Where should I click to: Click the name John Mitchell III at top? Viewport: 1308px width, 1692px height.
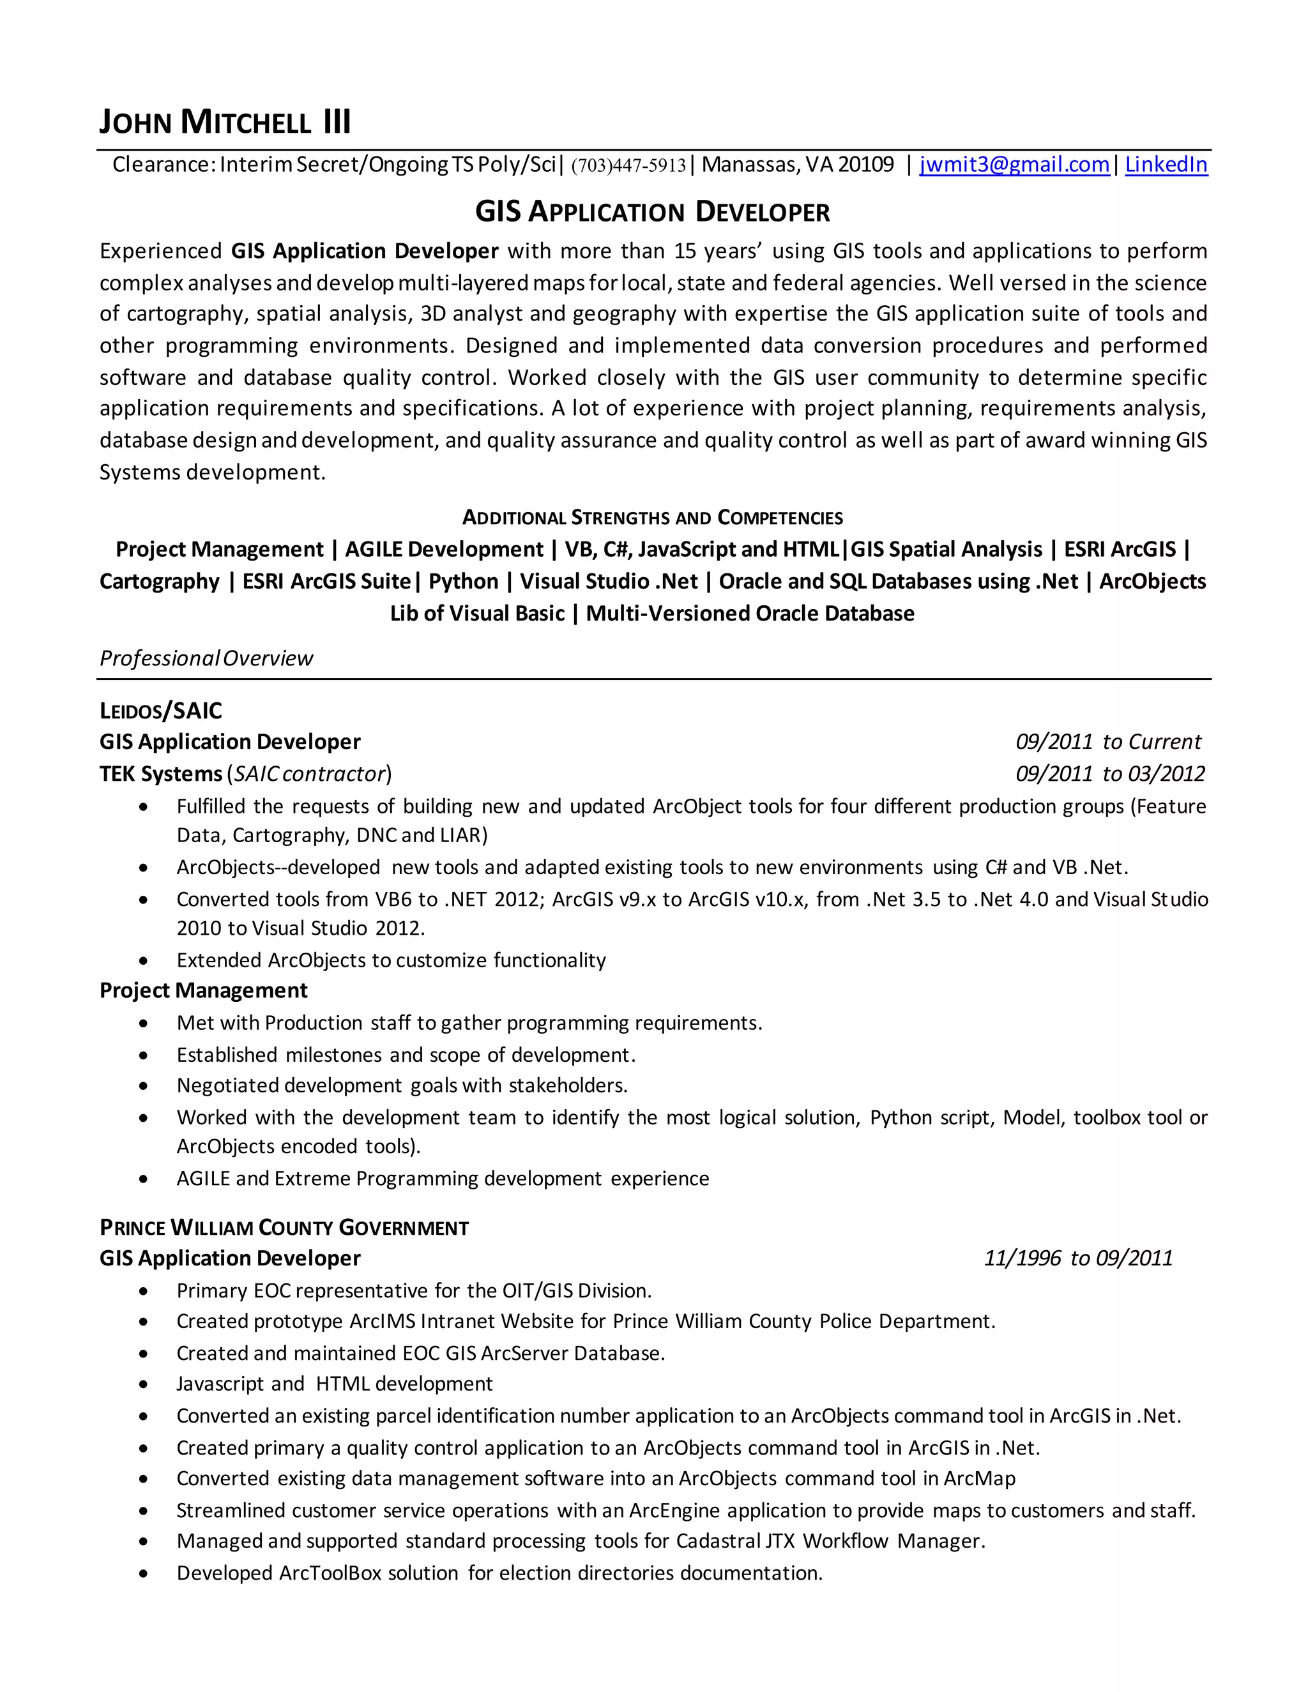tap(225, 123)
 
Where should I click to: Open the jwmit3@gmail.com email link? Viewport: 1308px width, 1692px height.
tap(1014, 164)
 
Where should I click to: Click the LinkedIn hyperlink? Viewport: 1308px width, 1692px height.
tap(1166, 164)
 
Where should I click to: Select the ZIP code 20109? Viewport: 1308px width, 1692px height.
tap(865, 164)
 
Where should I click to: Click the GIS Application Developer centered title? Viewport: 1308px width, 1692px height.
tap(653, 211)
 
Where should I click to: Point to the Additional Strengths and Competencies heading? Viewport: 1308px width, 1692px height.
tap(653, 518)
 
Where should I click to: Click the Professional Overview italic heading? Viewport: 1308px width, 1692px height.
tap(206, 658)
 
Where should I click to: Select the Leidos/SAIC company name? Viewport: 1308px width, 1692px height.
tap(160, 711)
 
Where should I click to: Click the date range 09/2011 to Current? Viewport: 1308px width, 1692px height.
tap(1108, 742)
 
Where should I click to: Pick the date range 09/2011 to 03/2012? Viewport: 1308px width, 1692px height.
tap(1109, 774)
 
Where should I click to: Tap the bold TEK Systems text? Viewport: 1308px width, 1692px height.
tap(160, 774)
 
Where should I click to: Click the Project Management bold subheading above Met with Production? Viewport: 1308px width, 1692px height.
tap(203, 991)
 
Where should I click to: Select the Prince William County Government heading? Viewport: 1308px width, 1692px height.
tap(284, 1228)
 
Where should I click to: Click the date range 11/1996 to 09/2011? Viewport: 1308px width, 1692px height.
tap(1078, 1258)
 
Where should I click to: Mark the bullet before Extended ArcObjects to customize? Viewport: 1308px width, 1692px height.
tap(143, 962)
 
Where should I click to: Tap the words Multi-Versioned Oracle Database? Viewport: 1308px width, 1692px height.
tap(749, 614)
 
